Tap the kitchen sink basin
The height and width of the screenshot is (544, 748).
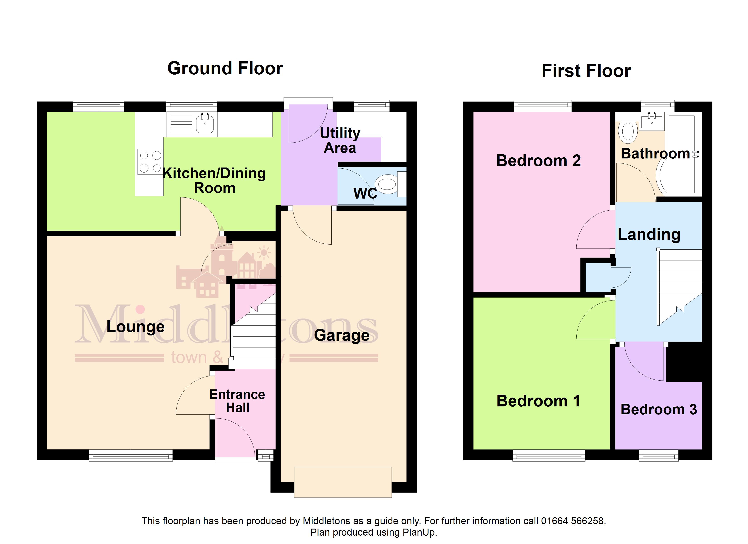click(x=205, y=124)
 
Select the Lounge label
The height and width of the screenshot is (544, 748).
click(x=135, y=327)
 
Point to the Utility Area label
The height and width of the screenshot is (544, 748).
click(x=340, y=141)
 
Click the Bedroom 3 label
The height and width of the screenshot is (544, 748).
click(x=659, y=409)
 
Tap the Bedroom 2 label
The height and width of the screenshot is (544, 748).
click(x=538, y=161)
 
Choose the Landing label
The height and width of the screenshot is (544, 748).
click(x=649, y=235)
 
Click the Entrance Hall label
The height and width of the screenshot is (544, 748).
click(x=238, y=401)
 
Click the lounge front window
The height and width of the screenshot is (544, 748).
click(x=131, y=455)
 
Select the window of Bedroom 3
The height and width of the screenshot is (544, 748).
click(x=659, y=455)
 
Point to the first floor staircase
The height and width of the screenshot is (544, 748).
click(x=679, y=287)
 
